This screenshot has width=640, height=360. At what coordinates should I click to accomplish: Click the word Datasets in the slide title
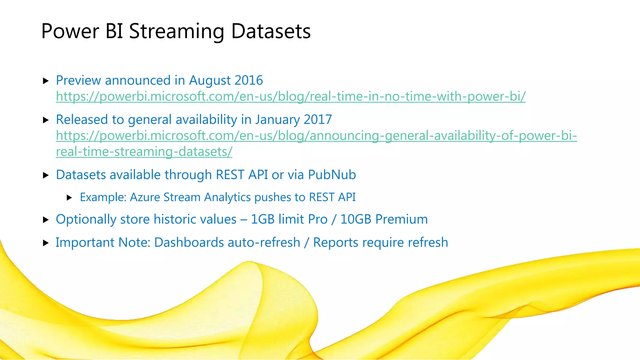click(x=271, y=32)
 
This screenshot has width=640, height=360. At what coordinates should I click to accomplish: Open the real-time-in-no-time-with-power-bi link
click(x=291, y=97)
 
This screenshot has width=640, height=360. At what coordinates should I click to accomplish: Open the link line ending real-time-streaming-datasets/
click(x=144, y=152)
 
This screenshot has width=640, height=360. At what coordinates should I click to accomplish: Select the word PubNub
click(x=332, y=175)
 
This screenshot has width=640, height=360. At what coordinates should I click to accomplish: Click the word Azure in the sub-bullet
click(x=145, y=197)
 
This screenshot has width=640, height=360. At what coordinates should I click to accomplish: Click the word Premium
click(x=401, y=219)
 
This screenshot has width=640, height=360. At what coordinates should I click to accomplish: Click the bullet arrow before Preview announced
click(x=46, y=81)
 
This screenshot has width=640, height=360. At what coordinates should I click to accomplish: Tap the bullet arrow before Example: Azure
click(x=70, y=197)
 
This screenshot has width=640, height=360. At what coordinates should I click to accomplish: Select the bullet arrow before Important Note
click(x=46, y=243)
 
